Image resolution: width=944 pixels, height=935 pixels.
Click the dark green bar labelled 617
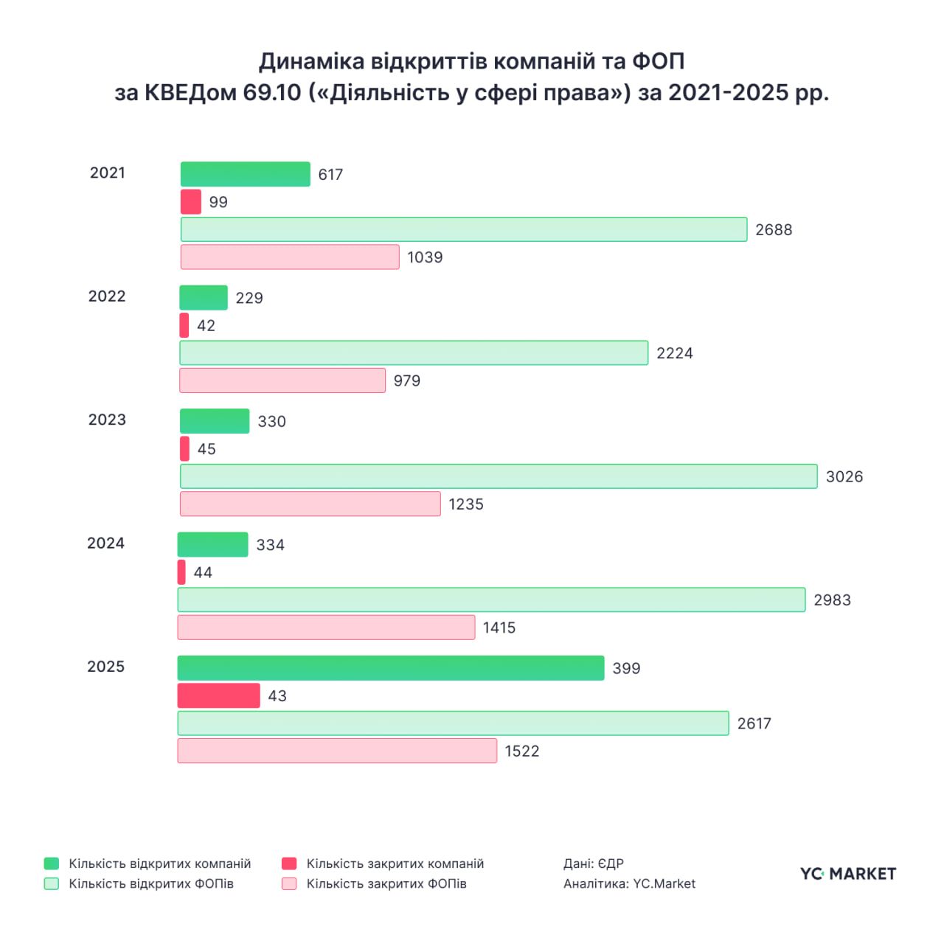click(x=245, y=174)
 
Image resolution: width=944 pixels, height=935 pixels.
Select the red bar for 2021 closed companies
click(x=191, y=202)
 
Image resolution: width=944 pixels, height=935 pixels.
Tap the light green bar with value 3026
click(x=499, y=476)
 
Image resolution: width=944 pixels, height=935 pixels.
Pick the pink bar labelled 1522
click(x=337, y=751)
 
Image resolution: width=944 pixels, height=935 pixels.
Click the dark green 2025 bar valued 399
click(x=391, y=668)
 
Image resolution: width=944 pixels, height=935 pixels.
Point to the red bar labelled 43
click(x=218, y=695)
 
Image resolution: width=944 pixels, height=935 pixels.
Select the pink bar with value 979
click(x=282, y=380)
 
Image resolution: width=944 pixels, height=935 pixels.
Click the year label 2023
click(x=107, y=420)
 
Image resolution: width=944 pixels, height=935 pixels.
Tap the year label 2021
click(x=108, y=173)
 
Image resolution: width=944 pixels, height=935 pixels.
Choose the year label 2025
click(x=106, y=667)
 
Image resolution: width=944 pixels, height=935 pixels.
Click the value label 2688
click(x=774, y=230)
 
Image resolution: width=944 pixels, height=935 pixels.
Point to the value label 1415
click(x=499, y=628)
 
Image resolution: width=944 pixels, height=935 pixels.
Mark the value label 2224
click(x=675, y=353)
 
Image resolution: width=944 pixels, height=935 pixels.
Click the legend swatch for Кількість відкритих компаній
click(x=52, y=863)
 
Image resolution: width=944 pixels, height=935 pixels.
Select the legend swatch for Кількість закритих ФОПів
click(x=289, y=883)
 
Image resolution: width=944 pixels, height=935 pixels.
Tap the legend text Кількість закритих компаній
click(x=395, y=863)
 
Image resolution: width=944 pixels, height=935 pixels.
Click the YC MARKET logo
click(x=848, y=874)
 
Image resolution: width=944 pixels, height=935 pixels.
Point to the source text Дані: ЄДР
click(x=594, y=863)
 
